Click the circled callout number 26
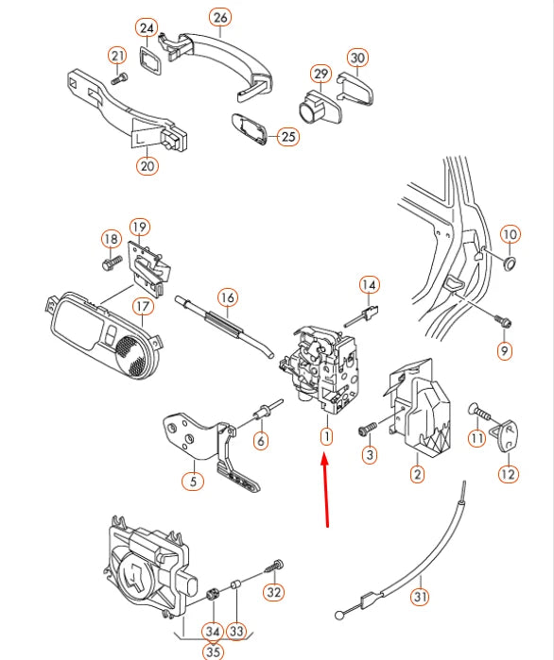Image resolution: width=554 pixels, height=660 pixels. click(220, 18)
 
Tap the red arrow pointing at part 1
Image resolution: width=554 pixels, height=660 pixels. click(325, 489)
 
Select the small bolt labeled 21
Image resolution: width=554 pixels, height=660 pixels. click(120, 78)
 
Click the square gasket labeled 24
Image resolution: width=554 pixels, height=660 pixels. click(150, 61)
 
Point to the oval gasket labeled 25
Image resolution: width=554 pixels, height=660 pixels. click(250, 128)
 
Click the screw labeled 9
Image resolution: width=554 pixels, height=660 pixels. click(504, 321)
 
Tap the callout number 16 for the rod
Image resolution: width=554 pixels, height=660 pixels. click(228, 297)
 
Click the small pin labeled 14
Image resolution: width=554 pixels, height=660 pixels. click(362, 315)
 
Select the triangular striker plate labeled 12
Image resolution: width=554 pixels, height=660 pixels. click(505, 435)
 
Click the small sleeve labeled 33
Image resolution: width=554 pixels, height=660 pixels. click(235, 585)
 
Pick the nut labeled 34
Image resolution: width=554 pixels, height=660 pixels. click(213, 595)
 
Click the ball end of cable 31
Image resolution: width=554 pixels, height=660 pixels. click(339, 615)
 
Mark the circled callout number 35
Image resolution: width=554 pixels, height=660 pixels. click(214, 651)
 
